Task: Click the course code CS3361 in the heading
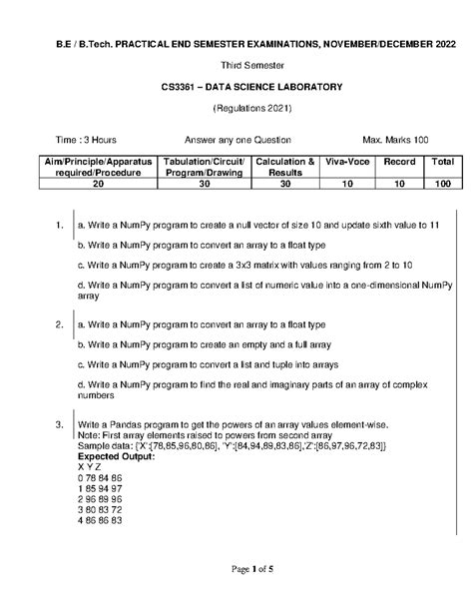[182, 87]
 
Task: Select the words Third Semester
[236, 65]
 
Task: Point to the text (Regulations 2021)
[236, 108]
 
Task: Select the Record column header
[399, 162]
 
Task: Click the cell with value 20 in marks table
[98, 185]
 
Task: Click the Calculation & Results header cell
[285, 167]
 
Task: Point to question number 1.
[60, 227]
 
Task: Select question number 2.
[60, 324]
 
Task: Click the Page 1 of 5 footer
[236, 568]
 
